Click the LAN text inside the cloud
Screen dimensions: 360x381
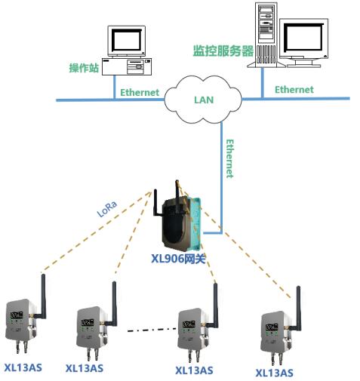[x=204, y=100]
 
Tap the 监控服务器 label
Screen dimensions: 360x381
[x=223, y=51]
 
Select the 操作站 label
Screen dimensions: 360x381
[x=84, y=68]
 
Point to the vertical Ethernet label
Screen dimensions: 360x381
[x=229, y=158]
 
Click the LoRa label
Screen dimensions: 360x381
[x=107, y=209]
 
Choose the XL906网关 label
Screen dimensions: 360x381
[x=178, y=258]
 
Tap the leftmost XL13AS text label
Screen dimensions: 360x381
[x=23, y=367]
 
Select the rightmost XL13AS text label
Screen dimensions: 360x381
[x=274, y=373]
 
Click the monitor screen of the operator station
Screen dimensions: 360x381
[x=126, y=41]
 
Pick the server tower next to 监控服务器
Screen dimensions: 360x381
[x=266, y=35]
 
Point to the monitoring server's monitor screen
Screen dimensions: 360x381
[x=303, y=38]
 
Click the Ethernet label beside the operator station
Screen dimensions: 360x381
[x=140, y=92]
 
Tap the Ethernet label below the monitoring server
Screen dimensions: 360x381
[x=294, y=90]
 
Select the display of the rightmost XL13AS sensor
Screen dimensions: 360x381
[x=272, y=327]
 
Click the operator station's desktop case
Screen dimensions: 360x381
[x=127, y=66]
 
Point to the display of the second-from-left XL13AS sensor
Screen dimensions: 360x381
[x=88, y=322]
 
